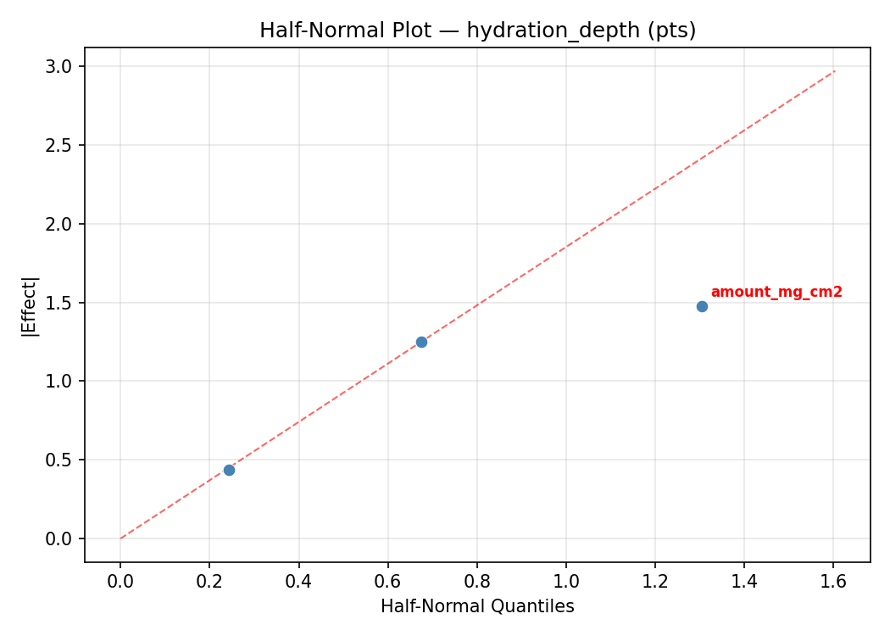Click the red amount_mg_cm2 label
coord(776,293)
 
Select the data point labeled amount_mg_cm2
coord(702,306)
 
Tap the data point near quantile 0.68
coord(421,342)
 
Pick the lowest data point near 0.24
coord(229,470)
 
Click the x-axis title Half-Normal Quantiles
coord(477,606)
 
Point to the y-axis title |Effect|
coord(31,306)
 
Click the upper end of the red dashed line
coord(835,70)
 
